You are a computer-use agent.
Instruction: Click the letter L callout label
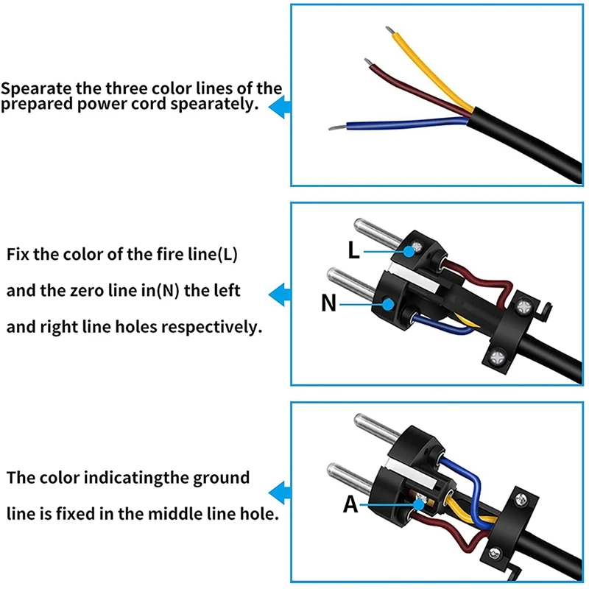(x=354, y=250)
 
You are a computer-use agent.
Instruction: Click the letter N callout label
(x=328, y=302)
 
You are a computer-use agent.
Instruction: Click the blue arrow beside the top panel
(x=278, y=109)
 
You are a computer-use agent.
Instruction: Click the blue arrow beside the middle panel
(x=278, y=295)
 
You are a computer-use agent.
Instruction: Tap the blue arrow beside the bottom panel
(x=278, y=491)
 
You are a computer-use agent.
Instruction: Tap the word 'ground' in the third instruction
(x=220, y=478)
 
